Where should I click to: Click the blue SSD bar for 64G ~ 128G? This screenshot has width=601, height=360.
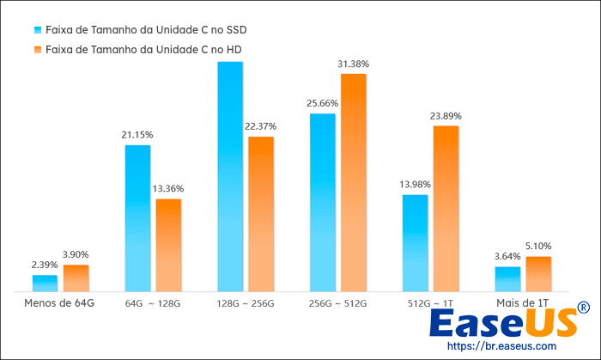point(137,218)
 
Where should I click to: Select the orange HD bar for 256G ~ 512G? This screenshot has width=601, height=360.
point(354,182)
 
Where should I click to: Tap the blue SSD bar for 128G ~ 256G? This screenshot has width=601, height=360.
point(230,176)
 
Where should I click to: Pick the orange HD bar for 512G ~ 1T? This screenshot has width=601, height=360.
point(446,209)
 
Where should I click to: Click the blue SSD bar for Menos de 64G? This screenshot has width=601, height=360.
point(45,284)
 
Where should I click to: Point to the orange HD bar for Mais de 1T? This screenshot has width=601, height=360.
point(538,274)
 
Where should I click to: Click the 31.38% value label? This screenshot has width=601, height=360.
point(354,64)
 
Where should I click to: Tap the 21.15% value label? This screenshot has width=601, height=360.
point(137,135)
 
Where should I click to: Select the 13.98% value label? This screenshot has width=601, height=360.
point(416,185)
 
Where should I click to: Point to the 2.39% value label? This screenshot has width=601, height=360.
point(45,265)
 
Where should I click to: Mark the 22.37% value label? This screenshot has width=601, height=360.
point(261,126)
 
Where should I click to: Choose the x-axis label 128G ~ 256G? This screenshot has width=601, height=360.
point(246,303)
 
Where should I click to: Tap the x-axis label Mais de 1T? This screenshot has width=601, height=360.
point(523,303)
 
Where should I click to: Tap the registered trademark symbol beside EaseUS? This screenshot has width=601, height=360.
point(583,308)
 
